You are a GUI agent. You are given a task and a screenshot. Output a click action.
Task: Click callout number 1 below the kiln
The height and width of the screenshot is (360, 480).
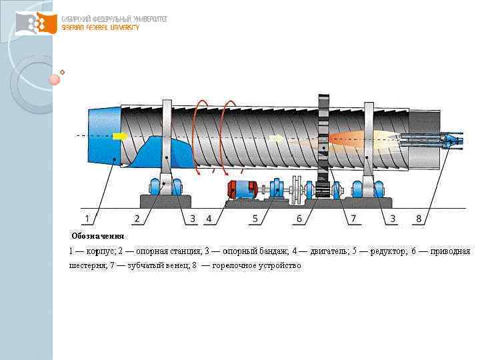[x=87, y=218]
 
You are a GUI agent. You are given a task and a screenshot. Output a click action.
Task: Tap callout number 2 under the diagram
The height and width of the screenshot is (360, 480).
[x=137, y=218]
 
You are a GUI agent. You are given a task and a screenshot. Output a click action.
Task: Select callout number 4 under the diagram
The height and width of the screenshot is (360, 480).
[x=209, y=218]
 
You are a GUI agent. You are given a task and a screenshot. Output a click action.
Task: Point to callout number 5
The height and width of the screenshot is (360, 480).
[x=255, y=218]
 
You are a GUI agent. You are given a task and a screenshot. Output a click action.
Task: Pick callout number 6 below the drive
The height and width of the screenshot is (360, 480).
[x=299, y=218]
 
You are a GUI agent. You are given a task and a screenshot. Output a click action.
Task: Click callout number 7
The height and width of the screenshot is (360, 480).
[x=353, y=218]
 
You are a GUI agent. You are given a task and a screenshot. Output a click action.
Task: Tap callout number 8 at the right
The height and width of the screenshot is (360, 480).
[x=419, y=218]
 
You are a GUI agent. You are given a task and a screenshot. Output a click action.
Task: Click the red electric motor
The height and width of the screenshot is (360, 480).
[x=242, y=189]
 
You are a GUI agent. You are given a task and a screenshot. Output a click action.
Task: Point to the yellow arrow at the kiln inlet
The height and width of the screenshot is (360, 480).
[x=120, y=137]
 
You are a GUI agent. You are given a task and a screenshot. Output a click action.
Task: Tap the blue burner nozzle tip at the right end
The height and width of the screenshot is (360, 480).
[x=453, y=141]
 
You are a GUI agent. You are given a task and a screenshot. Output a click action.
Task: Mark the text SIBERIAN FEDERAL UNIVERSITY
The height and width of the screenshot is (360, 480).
[x=100, y=27]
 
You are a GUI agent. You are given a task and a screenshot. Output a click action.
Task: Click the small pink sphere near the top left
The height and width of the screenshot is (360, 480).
[x=55, y=79]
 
